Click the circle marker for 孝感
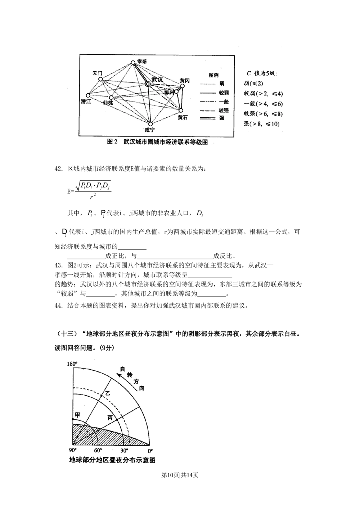coord(133,62)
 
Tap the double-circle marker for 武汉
coord(148,84)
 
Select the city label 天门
coord(97,73)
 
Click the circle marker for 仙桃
coord(111,98)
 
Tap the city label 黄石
coord(183,117)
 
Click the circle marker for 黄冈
coord(182,86)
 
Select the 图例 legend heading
coord(213,75)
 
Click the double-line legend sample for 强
coord(207,118)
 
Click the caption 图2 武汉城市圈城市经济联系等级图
coord(157,142)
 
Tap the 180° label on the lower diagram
coord(72,364)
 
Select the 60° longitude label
coord(98,451)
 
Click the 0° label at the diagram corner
coord(150,451)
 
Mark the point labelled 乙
coord(102,396)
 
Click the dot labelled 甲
coord(73,420)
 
